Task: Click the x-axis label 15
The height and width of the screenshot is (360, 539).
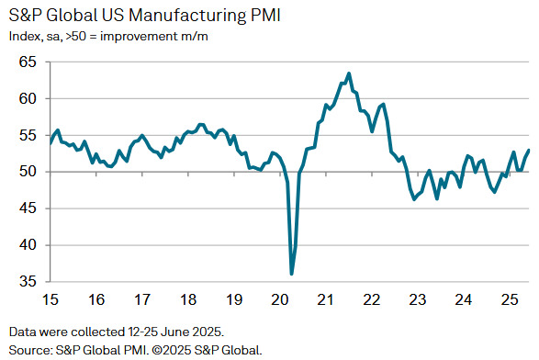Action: pyautogui.click(x=51, y=300)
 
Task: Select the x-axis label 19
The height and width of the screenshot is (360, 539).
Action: pyautogui.click(x=233, y=300)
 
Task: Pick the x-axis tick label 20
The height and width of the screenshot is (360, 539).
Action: pyautogui.click(x=279, y=300)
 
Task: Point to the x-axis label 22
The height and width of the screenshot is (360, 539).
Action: pyautogui.click(x=371, y=300)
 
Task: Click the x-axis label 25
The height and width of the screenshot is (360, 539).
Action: pyautogui.click(x=507, y=300)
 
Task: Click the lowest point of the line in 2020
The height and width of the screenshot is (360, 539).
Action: pyautogui.click(x=292, y=274)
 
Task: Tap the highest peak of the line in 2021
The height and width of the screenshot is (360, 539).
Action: pyautogui.click(x=349, y=73)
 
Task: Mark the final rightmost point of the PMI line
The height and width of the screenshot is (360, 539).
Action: pyautogui.click(x=528, y=151)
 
